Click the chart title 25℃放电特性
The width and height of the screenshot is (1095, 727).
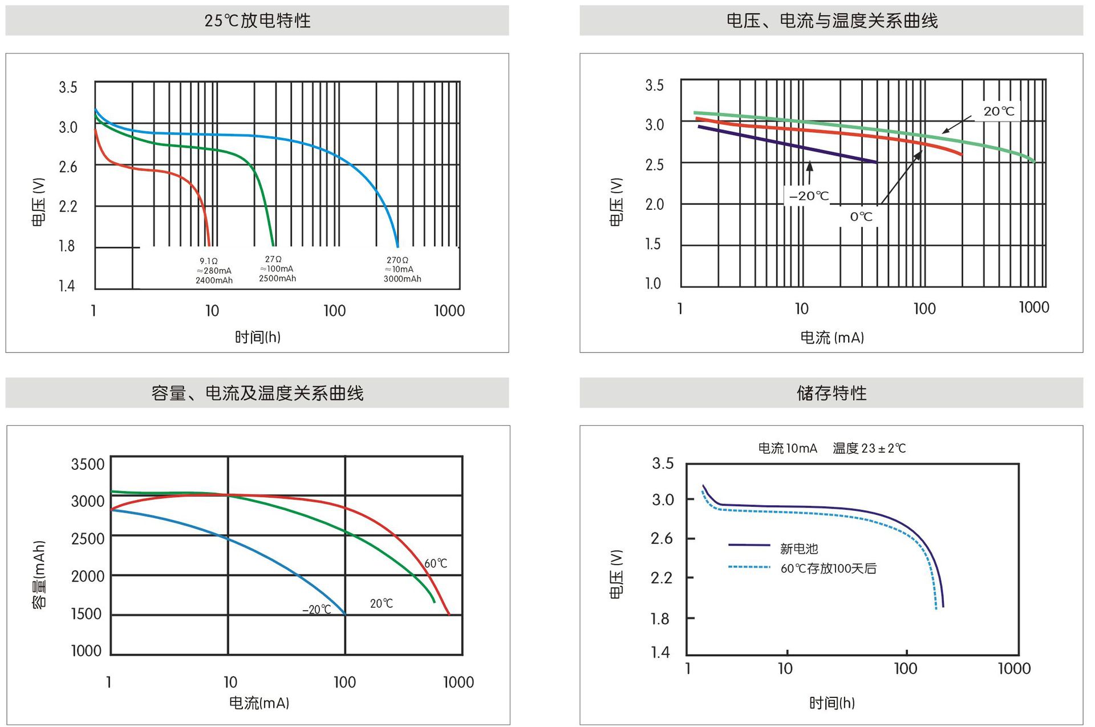257,21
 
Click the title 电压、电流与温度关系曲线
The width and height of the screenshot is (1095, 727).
832,21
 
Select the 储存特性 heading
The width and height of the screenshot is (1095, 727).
832,393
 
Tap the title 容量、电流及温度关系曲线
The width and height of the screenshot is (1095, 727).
257,393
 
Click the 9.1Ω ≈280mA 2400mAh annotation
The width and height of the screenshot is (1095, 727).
214,271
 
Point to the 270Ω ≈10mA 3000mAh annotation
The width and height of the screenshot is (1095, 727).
402,270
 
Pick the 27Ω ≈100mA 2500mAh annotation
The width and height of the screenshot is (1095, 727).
277,269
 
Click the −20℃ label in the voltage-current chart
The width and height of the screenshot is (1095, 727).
809,196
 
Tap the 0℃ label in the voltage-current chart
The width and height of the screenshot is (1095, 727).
861,217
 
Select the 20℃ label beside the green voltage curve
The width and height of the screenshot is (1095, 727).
999,111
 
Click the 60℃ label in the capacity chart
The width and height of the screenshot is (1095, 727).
436,563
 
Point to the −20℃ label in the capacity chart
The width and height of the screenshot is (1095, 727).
317,610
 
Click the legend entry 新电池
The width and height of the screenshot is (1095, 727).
798,549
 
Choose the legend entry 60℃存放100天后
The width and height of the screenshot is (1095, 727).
828,568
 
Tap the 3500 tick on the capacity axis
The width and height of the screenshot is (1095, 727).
87,464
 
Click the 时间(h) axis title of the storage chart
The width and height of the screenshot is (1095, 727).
832,703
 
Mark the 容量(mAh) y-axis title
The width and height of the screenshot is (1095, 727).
39,575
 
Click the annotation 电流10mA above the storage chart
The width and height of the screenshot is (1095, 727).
787,448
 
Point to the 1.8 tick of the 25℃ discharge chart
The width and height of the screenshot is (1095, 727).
67,246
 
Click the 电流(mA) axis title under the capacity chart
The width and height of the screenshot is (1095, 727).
259,703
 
